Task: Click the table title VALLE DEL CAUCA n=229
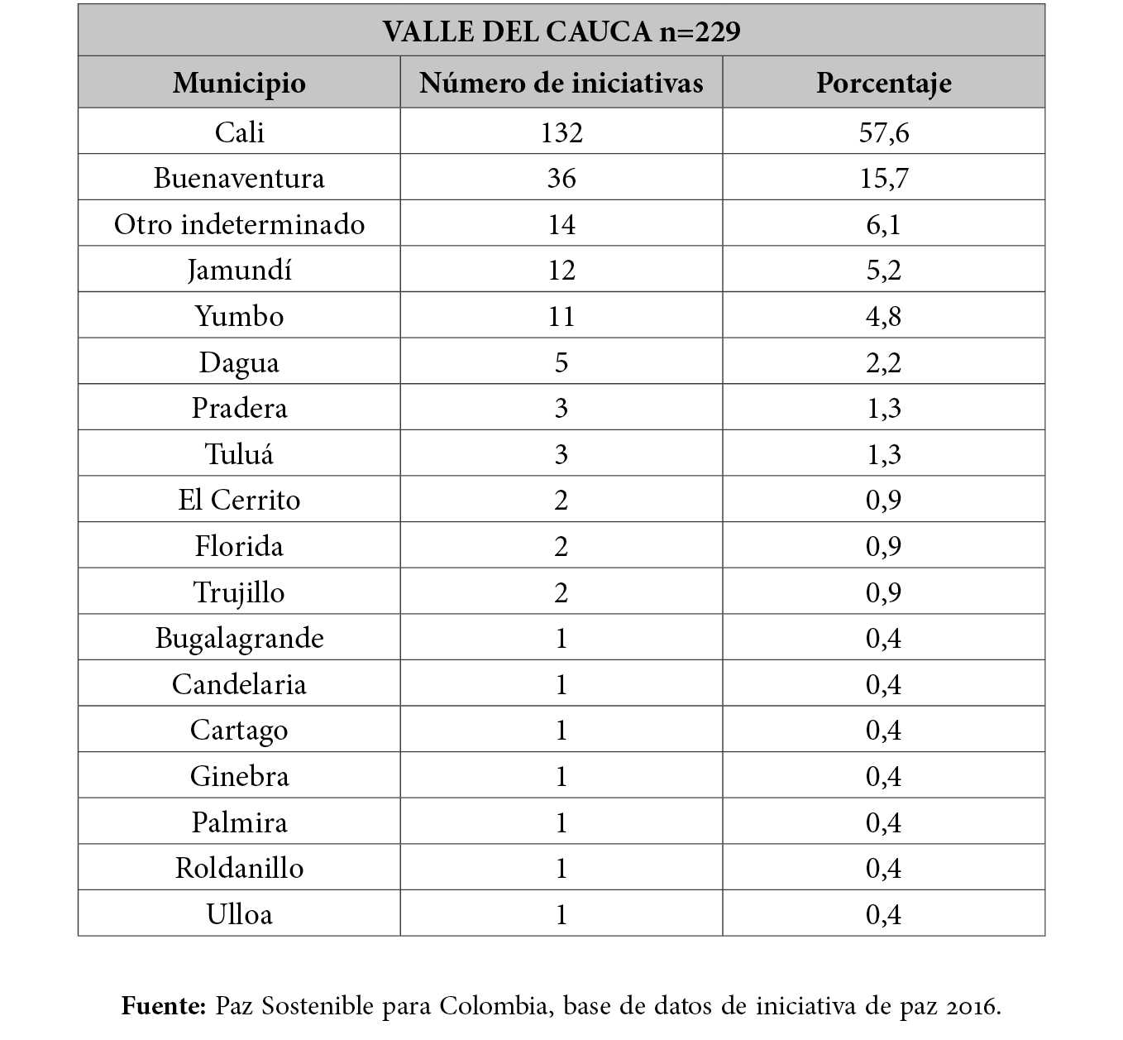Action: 561,31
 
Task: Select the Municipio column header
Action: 239,83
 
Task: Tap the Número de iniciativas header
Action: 561,83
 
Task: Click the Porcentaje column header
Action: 883,83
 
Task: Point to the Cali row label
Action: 239,132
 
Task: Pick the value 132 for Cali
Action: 561,132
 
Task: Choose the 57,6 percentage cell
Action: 883,132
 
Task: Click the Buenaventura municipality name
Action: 239,179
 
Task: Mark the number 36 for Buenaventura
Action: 561,179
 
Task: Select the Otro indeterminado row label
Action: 239,225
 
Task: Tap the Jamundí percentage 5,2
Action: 883,271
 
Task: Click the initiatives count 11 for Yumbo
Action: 561,317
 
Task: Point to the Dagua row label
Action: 239,363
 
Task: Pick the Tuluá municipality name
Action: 239,454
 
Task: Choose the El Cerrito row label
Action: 239,501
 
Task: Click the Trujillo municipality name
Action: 239,592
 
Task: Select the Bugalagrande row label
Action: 239,638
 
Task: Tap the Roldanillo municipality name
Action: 239,868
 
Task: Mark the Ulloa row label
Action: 239,914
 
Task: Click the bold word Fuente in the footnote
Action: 163,1006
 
